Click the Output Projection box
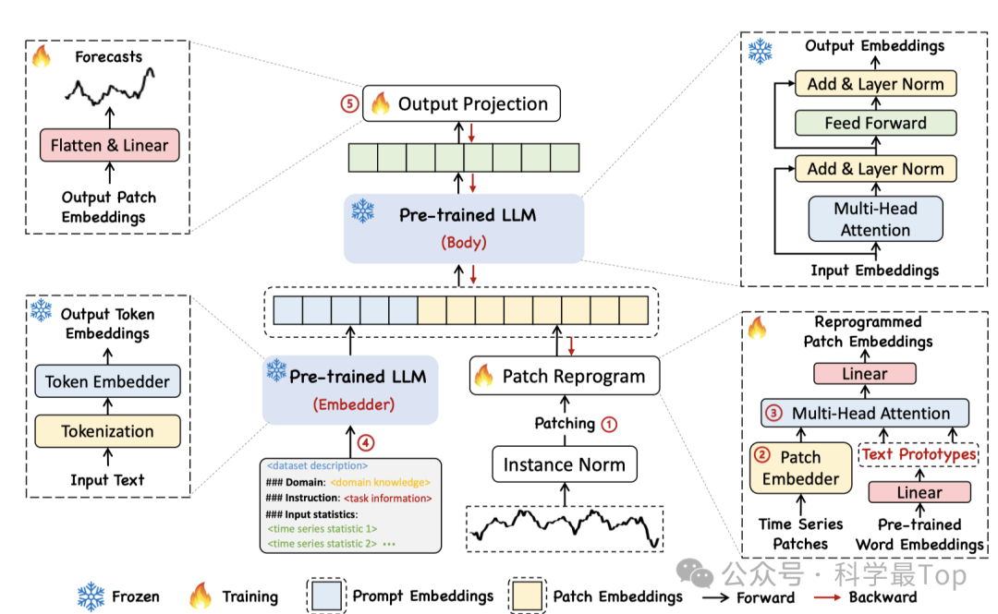point(462,103)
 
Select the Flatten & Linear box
point(109,145)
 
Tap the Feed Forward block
point(875,123)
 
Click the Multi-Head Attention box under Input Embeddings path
point(875,219)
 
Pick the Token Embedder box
point(107,381)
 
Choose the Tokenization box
point(107,431)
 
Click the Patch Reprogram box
point(565,376)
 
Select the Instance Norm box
point(564,464)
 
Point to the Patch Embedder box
point(800,468)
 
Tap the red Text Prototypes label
point(919,454)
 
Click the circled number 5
point(349,103)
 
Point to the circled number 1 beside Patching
point(609,424)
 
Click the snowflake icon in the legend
point(91,596)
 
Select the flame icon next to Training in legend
point(200,596)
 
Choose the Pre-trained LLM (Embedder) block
point(350,389)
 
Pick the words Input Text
point(107,480)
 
